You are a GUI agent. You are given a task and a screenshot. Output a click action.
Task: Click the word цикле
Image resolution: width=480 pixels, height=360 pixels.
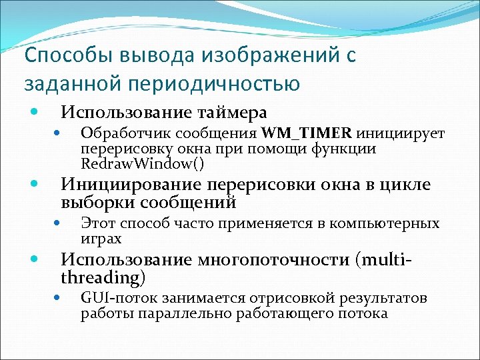(x=405, y=185)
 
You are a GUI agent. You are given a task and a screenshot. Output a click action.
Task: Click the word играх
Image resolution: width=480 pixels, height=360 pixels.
(x=101, y=238)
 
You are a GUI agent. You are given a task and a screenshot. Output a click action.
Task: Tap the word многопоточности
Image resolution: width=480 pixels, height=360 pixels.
(x=270, y=259)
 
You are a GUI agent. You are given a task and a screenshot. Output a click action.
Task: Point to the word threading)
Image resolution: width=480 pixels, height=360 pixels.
(x=103, y=276)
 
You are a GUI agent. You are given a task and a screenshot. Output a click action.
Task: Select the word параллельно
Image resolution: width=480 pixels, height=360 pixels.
(x=172, y=313)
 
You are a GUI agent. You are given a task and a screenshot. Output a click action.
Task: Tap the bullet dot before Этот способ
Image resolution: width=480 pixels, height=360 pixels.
(x=58, y=223)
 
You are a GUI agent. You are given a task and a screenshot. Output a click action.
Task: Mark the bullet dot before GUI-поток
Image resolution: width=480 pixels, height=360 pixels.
(x=58, y=298)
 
